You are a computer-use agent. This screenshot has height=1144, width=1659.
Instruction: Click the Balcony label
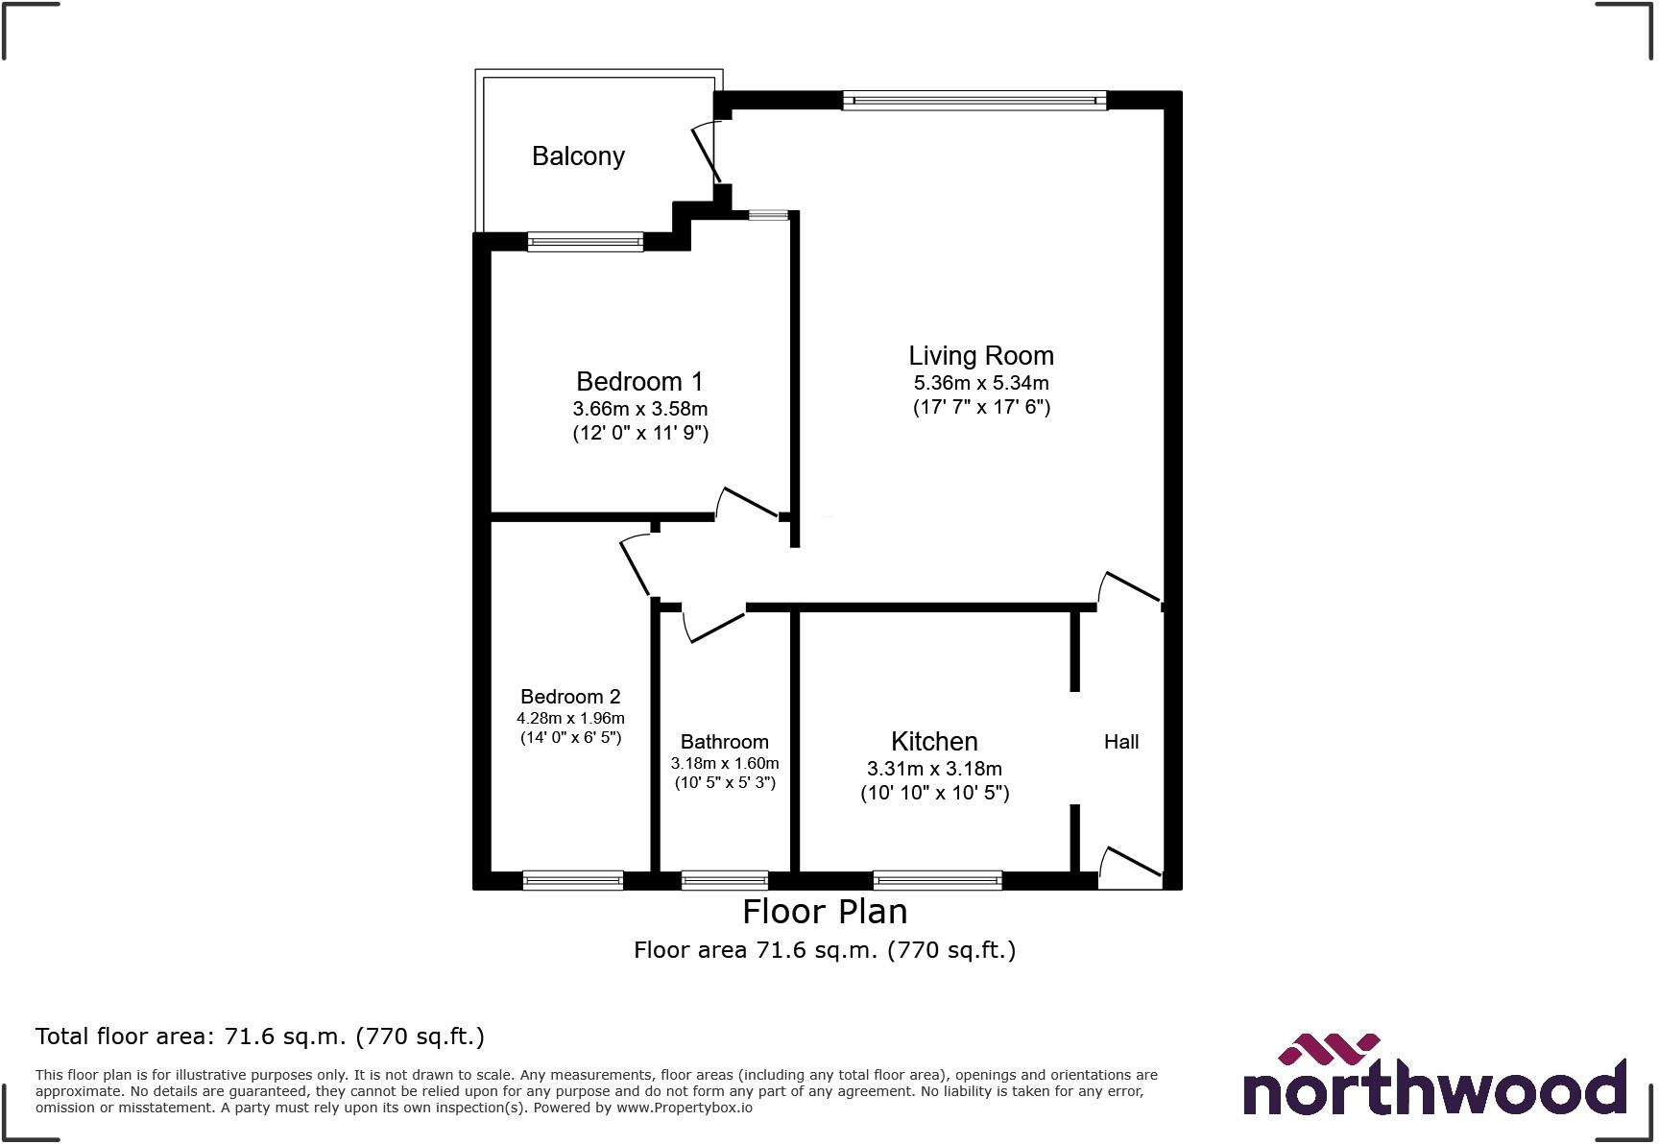[578, 155]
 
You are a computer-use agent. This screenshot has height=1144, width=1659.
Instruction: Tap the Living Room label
[981, 355]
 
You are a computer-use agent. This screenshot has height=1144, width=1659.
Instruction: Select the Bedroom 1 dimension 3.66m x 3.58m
[640, 409]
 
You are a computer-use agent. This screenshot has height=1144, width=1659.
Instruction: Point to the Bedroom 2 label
[570, 697]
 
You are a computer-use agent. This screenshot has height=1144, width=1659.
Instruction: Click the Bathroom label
[725, 742]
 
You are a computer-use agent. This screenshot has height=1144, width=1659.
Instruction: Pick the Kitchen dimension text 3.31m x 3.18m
[934, 769]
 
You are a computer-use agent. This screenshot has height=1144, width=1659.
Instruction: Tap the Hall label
[1121, 742]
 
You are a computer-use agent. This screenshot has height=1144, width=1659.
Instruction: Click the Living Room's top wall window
[974, 100]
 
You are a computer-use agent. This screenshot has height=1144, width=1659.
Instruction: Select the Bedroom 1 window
[585, 242]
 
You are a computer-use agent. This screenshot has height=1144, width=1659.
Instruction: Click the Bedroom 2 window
[573, 879]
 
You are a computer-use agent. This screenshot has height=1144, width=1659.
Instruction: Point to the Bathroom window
[725, 879]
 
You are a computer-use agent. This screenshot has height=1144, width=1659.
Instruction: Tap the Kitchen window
[938, 879]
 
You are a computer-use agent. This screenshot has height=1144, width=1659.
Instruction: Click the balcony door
[706, 154]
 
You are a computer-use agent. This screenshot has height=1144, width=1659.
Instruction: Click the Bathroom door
[712, 625]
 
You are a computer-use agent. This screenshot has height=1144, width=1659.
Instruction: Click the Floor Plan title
[825, 911]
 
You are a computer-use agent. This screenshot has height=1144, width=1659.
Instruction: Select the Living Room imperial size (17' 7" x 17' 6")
[981, 407]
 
